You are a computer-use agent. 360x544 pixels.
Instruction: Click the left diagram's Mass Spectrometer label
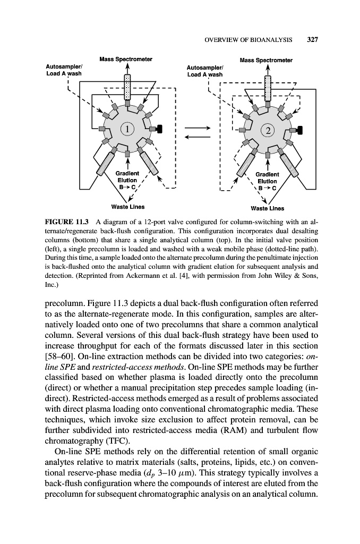[x=126, y=58]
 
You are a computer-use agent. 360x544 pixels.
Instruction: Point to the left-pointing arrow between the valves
[x=198, y=137]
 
